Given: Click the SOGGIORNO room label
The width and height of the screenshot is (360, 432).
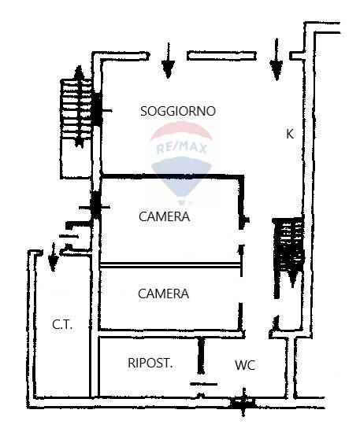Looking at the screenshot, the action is pyautogui.click(x=178, y=111).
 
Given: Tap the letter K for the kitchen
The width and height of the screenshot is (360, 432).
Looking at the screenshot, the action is pyautogui.click(x=290, y=134).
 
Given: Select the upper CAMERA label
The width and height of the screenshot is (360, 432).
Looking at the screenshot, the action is pyautogui.click(x=165, y=216).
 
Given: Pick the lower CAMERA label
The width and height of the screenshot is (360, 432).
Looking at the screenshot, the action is pyautogui.click(x=164, y=294).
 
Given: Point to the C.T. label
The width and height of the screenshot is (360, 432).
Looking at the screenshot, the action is pyautogui.click(x=62, y=324).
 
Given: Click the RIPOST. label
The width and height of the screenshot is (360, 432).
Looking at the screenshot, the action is pyautogui.click(x=150, y=363).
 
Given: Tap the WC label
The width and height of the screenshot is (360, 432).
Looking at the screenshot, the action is pyautogui.click(x=245, y=365).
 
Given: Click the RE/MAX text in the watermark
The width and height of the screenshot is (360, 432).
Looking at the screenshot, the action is pyautogui.click(x=182, y=149).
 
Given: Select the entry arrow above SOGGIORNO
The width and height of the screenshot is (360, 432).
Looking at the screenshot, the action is pyautogui.click(x=169, y=61).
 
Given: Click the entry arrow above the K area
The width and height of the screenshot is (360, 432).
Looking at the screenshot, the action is pyautogui.click(x=276, y=59).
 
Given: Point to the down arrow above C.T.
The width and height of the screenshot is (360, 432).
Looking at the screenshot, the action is pyautogui.click(x=53, y=257).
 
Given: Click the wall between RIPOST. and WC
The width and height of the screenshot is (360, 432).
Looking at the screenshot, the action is pyautogui.click(x=201, y=356).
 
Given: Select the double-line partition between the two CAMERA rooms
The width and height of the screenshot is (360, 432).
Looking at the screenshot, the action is pyautogui.click(x=171, y=265).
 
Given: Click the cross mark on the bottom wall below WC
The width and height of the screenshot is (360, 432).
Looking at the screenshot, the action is pyautogui.click(x=243, y=403).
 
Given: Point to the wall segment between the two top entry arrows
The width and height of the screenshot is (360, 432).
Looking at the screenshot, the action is pyautogui.click(x=221, y=56).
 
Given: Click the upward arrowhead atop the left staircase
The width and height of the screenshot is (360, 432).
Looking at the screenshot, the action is pyautogui.click(x=80, y=71).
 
